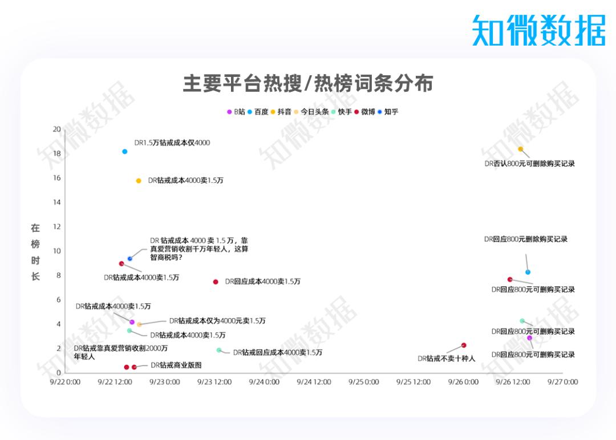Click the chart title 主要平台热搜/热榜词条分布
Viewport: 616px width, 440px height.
[307, 84]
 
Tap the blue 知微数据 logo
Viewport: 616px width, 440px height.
[538, 30]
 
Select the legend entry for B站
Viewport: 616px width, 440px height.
[236, 112]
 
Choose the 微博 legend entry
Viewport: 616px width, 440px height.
[365, 112]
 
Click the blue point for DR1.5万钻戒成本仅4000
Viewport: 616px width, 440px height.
[125, 152]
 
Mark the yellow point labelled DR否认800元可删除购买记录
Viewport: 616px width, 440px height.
[520, 149]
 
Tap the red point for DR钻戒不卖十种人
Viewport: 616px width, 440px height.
[464, 345]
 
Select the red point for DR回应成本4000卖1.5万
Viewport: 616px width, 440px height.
[216, 282]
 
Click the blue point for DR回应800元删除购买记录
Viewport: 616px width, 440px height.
[528, 272]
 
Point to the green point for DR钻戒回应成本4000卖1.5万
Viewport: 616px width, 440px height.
[219, 350]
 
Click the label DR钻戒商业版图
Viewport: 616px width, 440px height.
[176, 365]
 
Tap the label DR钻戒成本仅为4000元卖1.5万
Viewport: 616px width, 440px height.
[217, 321]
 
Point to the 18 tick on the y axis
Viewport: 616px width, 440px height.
[57, 153]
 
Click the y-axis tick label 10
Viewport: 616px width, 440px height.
[57, 251]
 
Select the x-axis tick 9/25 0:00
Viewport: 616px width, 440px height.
[364, 382]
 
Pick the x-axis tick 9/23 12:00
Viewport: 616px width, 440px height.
[214, 382]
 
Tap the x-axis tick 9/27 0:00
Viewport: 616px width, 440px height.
[562, 382]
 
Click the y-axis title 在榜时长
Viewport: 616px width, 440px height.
[35, 252]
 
